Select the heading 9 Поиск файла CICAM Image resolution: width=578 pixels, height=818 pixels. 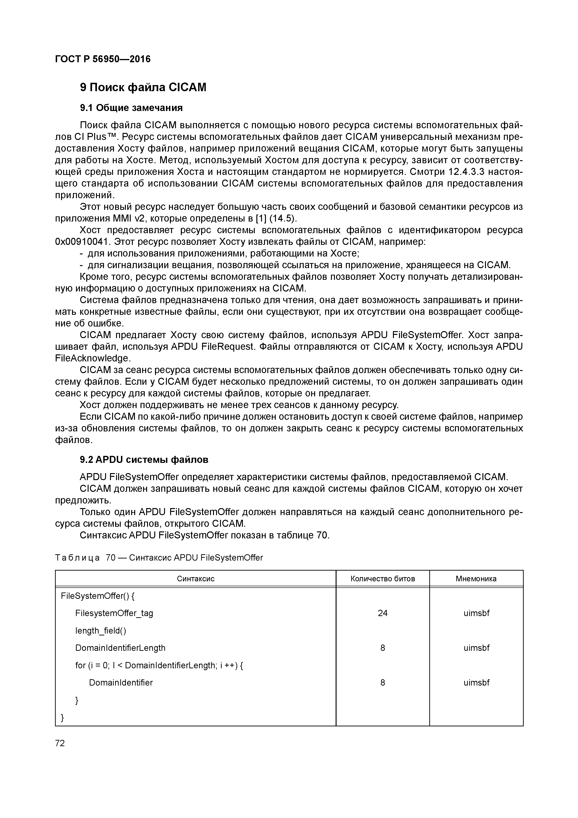pos(143,87)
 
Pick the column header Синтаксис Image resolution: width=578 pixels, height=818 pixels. pos(196,578)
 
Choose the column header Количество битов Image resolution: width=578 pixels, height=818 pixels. pos(382,578)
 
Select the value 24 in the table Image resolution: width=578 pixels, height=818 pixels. pos(382,613)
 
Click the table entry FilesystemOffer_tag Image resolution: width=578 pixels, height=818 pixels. pos(114,613)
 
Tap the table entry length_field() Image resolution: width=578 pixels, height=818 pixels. pos(100,631)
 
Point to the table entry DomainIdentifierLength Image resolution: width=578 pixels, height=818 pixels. pos(120,648)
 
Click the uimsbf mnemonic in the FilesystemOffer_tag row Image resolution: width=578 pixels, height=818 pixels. pos(476,613)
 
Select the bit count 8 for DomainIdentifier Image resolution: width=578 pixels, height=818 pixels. pos(382,683)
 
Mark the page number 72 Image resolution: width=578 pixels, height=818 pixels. pos(60,743)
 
